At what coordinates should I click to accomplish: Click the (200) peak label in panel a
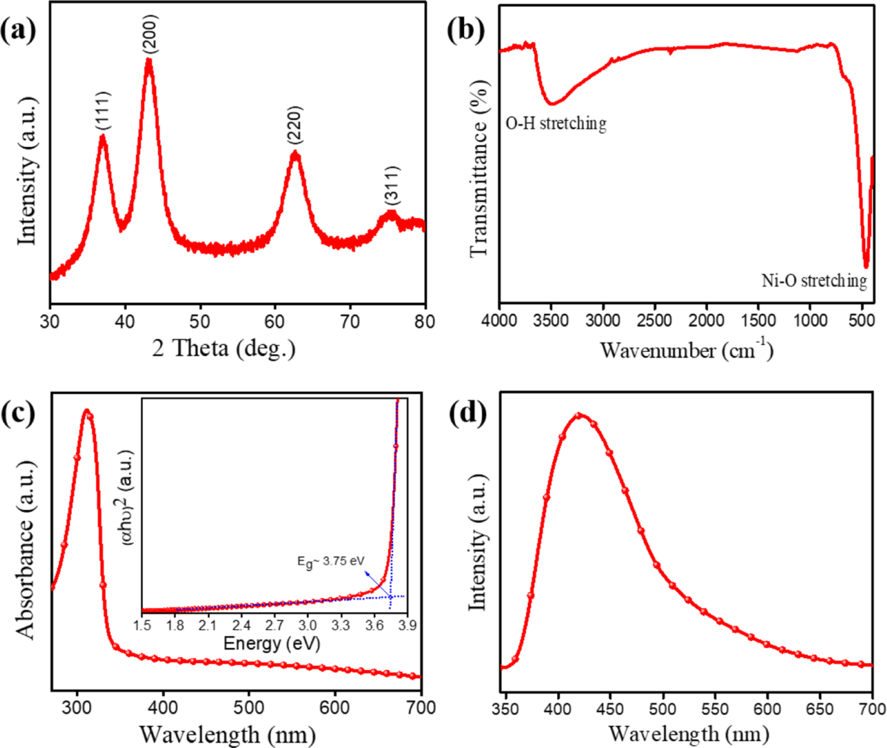(150, 34)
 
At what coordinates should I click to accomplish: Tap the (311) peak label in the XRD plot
(392, 186)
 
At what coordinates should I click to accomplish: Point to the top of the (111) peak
(103, 137)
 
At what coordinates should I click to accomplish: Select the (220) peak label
(295, 125)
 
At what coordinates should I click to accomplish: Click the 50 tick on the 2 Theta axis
(200, 321)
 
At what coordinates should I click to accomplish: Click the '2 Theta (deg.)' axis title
(224, 349)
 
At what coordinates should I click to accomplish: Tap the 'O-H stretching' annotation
(556, 123)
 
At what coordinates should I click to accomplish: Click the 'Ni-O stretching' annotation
(814, 281)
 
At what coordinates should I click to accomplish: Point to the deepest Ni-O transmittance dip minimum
(866, 266)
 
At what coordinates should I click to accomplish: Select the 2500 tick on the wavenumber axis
(655, 321)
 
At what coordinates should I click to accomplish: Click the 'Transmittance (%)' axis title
(479, 169)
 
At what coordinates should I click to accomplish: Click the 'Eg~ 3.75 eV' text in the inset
(331, 561)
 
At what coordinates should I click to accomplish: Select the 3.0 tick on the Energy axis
(307, 625)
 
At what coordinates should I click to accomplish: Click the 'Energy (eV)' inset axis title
(272, 643)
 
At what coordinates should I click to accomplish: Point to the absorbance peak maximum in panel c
(87, 411)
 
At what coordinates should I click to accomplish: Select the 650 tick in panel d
(820, 709)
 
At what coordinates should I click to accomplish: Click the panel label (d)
(467, 413)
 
